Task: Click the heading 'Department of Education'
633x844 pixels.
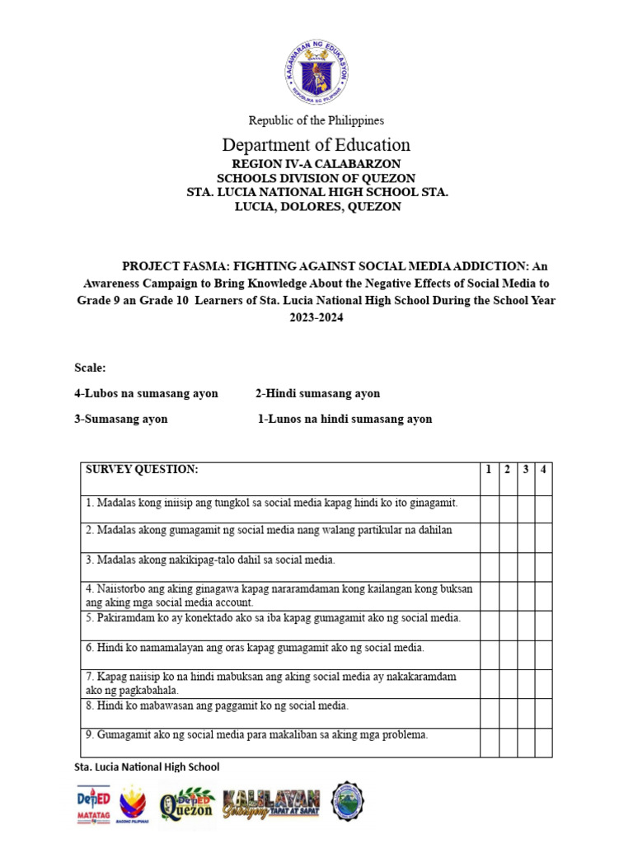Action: coord(316,145)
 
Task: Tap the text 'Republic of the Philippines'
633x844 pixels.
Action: coord(316,120)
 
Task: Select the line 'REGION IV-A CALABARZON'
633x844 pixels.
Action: coord(316,164)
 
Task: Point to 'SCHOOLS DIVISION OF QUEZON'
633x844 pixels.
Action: coord(316,178)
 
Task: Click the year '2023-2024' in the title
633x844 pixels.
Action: coord(316,317)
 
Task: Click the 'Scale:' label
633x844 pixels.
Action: coord(90,368)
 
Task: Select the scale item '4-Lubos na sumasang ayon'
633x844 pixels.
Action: coord(146,393)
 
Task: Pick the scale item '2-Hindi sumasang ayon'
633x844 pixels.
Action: coord(317,393)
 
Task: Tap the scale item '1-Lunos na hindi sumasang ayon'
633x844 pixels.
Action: coord(345,419)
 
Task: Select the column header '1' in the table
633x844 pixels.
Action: coord(489,470)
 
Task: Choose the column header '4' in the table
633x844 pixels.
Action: coord(543,470)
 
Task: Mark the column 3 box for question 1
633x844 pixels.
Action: coord(525,508)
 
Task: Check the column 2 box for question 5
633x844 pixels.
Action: coord(507,624)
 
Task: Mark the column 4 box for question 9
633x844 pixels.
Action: coord(543,741)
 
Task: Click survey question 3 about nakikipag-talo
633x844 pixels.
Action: coord(210,560)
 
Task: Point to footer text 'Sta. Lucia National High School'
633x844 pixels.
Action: coord(147,767)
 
